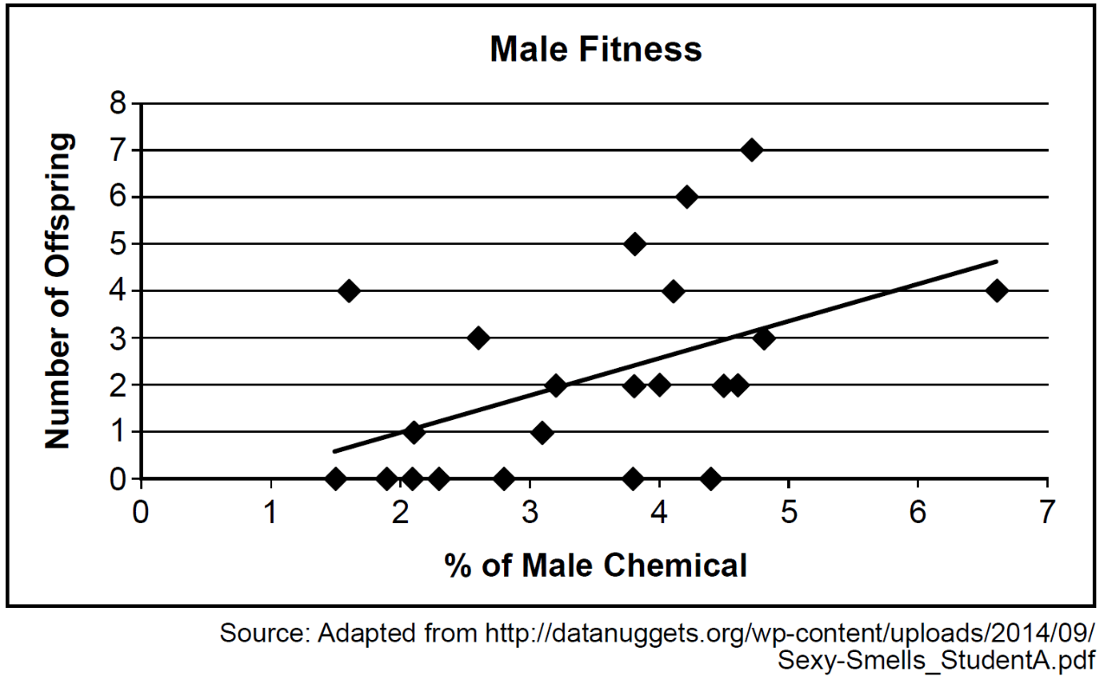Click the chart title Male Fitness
pos(596,49)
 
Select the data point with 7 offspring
pos(752,150)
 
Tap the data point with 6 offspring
pos(687,197)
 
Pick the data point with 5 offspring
pos(635,244)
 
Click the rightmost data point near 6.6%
pos(997,291)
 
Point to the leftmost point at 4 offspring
pos(349,291)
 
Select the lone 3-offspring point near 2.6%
pos(478,338)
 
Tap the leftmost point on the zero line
pos(335,478)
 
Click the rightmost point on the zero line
pos(711,478)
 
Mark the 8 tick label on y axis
pos(118,104)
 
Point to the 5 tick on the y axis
pos(118,244)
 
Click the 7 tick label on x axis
pos(1047,513)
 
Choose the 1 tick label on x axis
pos(270,513)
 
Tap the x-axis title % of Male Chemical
pos(596,565)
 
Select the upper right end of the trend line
pos(997,262)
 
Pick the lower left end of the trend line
pos(334,450)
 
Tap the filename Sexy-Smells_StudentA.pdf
pos(936,661)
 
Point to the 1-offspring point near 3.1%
pos(542,432)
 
